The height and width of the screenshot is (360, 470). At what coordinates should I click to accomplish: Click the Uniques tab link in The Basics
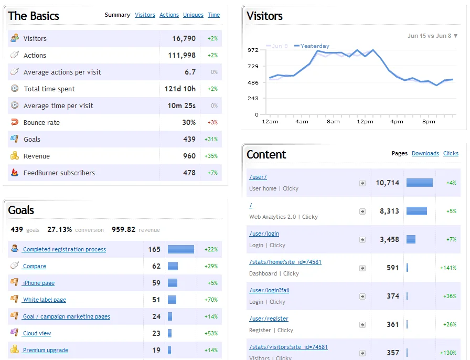[x=193, y=15]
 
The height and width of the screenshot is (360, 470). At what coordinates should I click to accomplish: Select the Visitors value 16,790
[x=184, y=38]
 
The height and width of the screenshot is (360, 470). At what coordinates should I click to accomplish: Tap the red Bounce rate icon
[x=15, y=122]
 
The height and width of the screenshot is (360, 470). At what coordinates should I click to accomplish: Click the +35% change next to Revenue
[x=211, y=156]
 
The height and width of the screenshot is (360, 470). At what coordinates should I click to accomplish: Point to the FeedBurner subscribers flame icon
[x=14, y=172]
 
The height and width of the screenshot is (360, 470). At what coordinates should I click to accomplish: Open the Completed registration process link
[x=65, y=249]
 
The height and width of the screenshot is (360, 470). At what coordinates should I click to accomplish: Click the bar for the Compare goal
[x=173, y=266]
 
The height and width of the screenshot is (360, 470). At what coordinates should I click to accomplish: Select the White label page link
[x=45, y=300]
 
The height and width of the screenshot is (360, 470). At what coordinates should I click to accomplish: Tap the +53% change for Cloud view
[x=211, y=333]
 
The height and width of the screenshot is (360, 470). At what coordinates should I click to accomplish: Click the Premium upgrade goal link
[x=46, y=350]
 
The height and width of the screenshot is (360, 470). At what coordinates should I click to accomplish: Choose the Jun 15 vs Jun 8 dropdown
[x=432, y=36]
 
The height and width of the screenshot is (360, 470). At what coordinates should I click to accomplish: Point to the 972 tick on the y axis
[x=253, y=50]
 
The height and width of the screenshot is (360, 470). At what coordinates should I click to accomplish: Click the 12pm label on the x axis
[x=365, y=122]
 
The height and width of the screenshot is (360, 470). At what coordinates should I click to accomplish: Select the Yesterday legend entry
[x=312, y=46]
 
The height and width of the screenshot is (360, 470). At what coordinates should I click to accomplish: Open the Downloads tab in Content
[x=425, y=153]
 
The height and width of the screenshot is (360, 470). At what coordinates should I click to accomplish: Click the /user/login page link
[x=264, y=234]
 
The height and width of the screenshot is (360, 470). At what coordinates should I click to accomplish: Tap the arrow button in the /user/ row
[x=362, y=183]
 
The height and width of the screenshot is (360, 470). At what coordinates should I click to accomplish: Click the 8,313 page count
[x=389, y=211]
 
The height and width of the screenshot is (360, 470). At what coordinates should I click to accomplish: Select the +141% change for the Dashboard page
[x=448, y=268]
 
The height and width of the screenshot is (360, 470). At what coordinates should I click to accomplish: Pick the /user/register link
[x=269, y=319]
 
